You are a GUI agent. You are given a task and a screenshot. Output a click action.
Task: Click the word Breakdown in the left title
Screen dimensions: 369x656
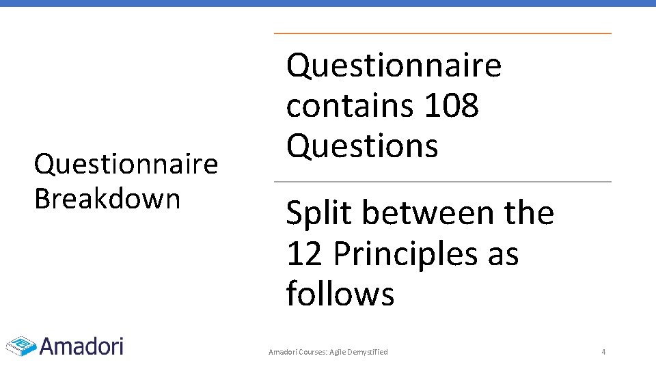[x=107, y=198]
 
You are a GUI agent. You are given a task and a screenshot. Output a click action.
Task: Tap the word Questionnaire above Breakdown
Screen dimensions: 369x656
[x=126, y=164]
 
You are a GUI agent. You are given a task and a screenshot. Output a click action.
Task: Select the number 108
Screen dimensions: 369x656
[x=451, y=106]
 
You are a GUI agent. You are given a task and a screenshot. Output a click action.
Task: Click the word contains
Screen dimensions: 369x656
[x=349, y=106]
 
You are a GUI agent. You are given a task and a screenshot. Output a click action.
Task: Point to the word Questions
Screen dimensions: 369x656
[x=362, y=146]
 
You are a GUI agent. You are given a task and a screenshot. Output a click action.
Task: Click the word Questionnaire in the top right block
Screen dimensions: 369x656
[x=394, y=66]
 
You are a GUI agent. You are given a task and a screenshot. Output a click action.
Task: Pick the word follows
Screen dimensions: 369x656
[x=340, y=294]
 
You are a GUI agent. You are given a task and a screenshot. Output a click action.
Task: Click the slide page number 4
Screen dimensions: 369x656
[x=603, y=352]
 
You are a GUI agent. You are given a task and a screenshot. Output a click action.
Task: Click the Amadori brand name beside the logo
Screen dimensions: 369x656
[x=81, y=346]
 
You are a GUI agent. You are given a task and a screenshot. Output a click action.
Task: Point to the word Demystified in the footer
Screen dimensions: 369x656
[x=368, y=352]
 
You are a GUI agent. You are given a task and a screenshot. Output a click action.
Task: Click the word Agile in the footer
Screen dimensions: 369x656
[x=338, y=352]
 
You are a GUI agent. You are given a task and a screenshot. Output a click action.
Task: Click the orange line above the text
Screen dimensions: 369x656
[x=442, y=33]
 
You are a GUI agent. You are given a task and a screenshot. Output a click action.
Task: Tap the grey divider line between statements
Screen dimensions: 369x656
[x=442, y=182]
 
